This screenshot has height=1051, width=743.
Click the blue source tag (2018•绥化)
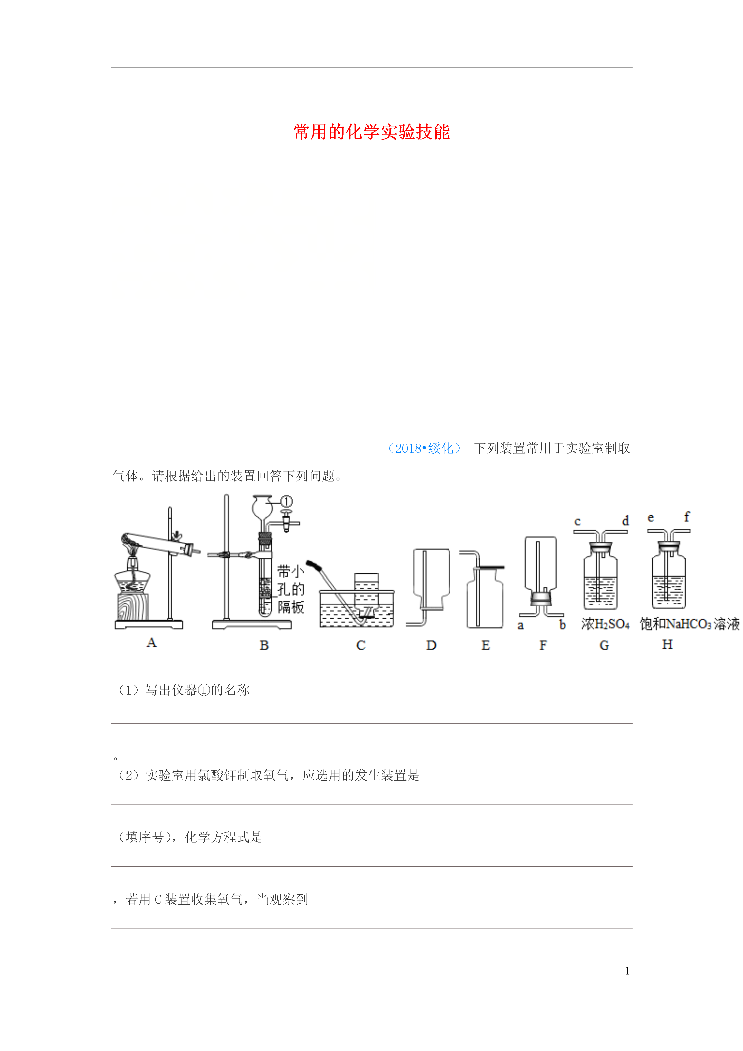click(x=424, y=448)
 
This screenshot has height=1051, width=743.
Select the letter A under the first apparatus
click(x=151, y=643)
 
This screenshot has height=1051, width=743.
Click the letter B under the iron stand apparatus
click(x=264, y=645)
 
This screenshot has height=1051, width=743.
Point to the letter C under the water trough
click(x=361, y=645)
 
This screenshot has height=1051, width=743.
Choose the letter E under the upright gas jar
click(x=486, y=645)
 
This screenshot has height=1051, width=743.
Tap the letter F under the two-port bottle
click(x=543, y=645)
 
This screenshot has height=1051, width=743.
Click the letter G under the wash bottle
click(x=604, y=645)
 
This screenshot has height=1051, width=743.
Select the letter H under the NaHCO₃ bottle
click(x=668, y=644)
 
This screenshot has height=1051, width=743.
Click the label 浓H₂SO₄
click(x=605, y=623)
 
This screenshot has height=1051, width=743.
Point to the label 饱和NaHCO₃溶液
click(x=689, y=623)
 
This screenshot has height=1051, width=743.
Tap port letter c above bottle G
click(x=577, y=521)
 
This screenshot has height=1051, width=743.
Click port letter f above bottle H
click(x=687, y=517)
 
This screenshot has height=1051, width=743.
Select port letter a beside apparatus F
click(x=520, y=625)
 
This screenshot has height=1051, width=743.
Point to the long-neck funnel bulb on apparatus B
click(x=262, y=507)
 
